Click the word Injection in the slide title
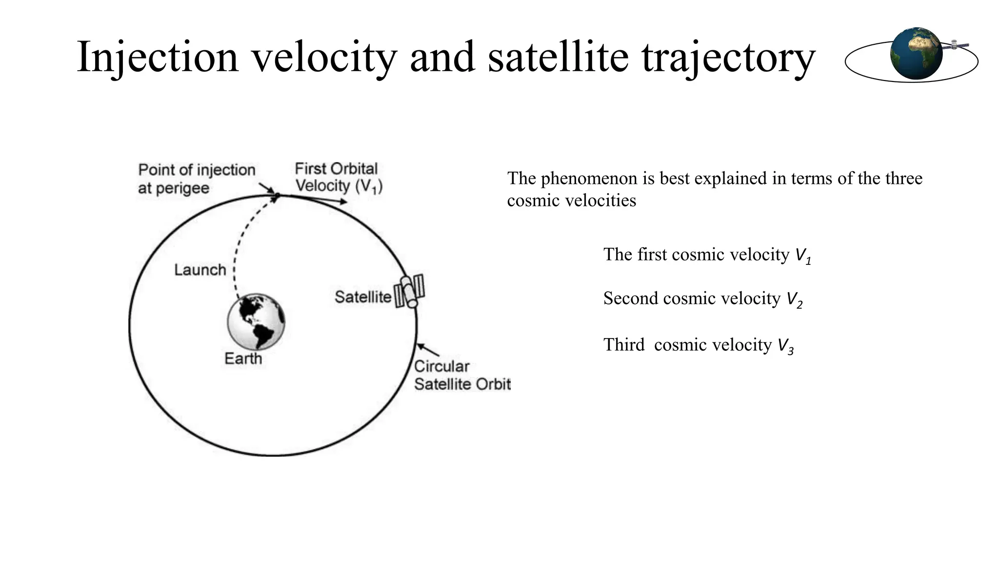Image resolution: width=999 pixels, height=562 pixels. coord(158,58)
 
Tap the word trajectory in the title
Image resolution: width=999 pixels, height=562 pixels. coord(728,58)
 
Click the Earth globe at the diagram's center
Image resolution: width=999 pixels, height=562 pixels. coord(256,321)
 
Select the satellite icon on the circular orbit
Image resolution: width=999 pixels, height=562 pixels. coord(409,291)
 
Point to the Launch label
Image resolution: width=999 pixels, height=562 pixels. coord(200,270)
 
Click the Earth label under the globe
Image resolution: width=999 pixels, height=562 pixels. coord(243,359)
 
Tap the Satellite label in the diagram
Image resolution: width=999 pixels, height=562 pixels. coord(363,297)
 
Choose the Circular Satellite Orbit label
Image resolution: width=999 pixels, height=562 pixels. coord(462,375)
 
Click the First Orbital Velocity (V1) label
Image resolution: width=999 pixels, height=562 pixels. coord(338,178)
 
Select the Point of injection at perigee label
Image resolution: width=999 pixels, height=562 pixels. coord(196,179)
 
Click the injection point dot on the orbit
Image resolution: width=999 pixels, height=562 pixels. coord(277,196)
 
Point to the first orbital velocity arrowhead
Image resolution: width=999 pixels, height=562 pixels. coord(344,201)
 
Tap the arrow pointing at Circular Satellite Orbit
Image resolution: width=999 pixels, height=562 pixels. coord(427,349)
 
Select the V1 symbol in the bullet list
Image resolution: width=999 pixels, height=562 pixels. coord(803,256)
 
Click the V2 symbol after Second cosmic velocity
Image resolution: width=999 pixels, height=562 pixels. coord(794,300)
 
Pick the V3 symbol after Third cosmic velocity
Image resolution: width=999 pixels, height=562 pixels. coord(785,346)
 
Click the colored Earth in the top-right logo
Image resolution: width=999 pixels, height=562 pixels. coord(916,54)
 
